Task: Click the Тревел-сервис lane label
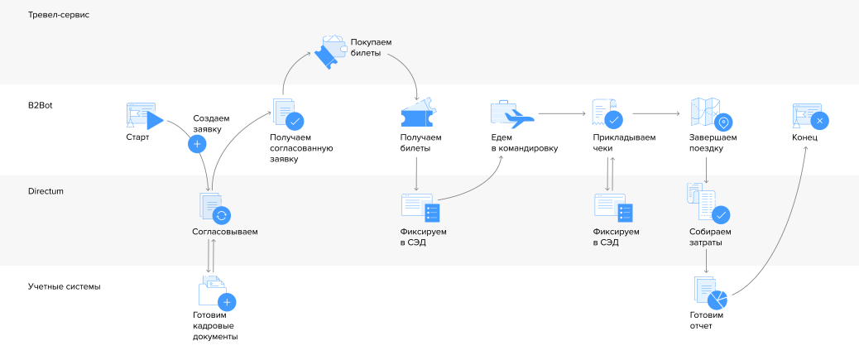[59, 16]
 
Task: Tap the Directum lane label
[46, 192]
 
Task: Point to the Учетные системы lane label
[64, 286]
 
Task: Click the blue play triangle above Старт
[155, 121]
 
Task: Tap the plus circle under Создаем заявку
[197, 143]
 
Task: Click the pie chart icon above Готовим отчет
[717, 300]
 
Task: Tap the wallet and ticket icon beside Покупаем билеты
[330, 51]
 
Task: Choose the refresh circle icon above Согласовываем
[221, 215]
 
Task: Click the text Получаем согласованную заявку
[301, 148]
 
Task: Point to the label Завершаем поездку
[713, 143]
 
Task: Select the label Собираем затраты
[710, 237]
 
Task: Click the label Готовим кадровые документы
[215, 326]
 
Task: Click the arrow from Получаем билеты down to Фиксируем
[416, 174]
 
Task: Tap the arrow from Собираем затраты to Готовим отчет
[706, 261]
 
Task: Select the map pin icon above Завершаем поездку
[723, 122]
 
